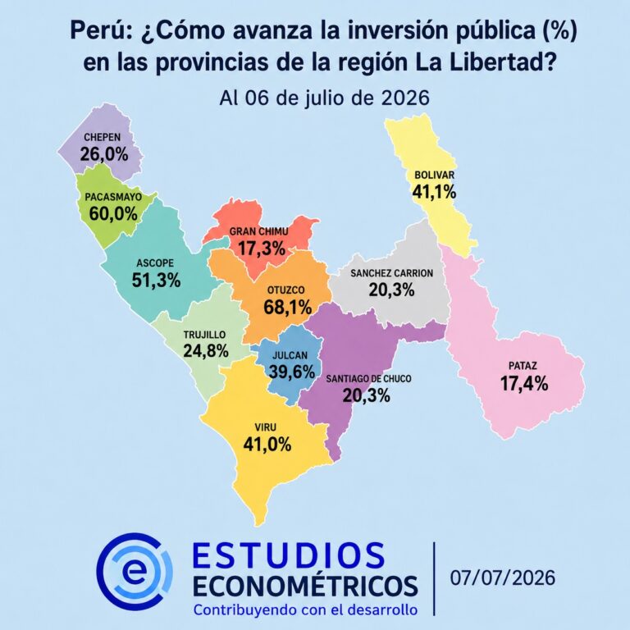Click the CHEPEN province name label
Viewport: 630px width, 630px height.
[102, 138]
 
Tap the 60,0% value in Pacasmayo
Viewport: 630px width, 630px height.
[113, 214]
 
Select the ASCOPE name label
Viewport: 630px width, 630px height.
[155, 263]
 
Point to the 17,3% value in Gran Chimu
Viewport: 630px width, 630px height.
[262, 249]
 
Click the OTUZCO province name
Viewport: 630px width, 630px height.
[286, 290]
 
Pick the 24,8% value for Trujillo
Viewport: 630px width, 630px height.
[206, 351]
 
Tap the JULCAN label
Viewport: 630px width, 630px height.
[290, 355]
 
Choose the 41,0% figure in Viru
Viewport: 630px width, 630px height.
[267, 445]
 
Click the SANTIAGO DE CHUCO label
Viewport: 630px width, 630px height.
[368, 379]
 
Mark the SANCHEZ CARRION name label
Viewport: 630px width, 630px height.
[392, 273]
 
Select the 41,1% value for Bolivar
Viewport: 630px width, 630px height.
[434, 192]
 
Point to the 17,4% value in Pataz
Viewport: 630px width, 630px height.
[524, 383]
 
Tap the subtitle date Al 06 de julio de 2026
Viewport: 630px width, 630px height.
[325, 98]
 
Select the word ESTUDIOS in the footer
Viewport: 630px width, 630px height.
[289, 555]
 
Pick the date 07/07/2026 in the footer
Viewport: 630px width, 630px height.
[503, 577]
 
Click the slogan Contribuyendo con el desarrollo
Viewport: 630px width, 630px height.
[305, 609]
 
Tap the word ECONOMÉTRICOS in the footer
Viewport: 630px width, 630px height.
[305, 586]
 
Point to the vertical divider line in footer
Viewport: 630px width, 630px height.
[434, 578]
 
